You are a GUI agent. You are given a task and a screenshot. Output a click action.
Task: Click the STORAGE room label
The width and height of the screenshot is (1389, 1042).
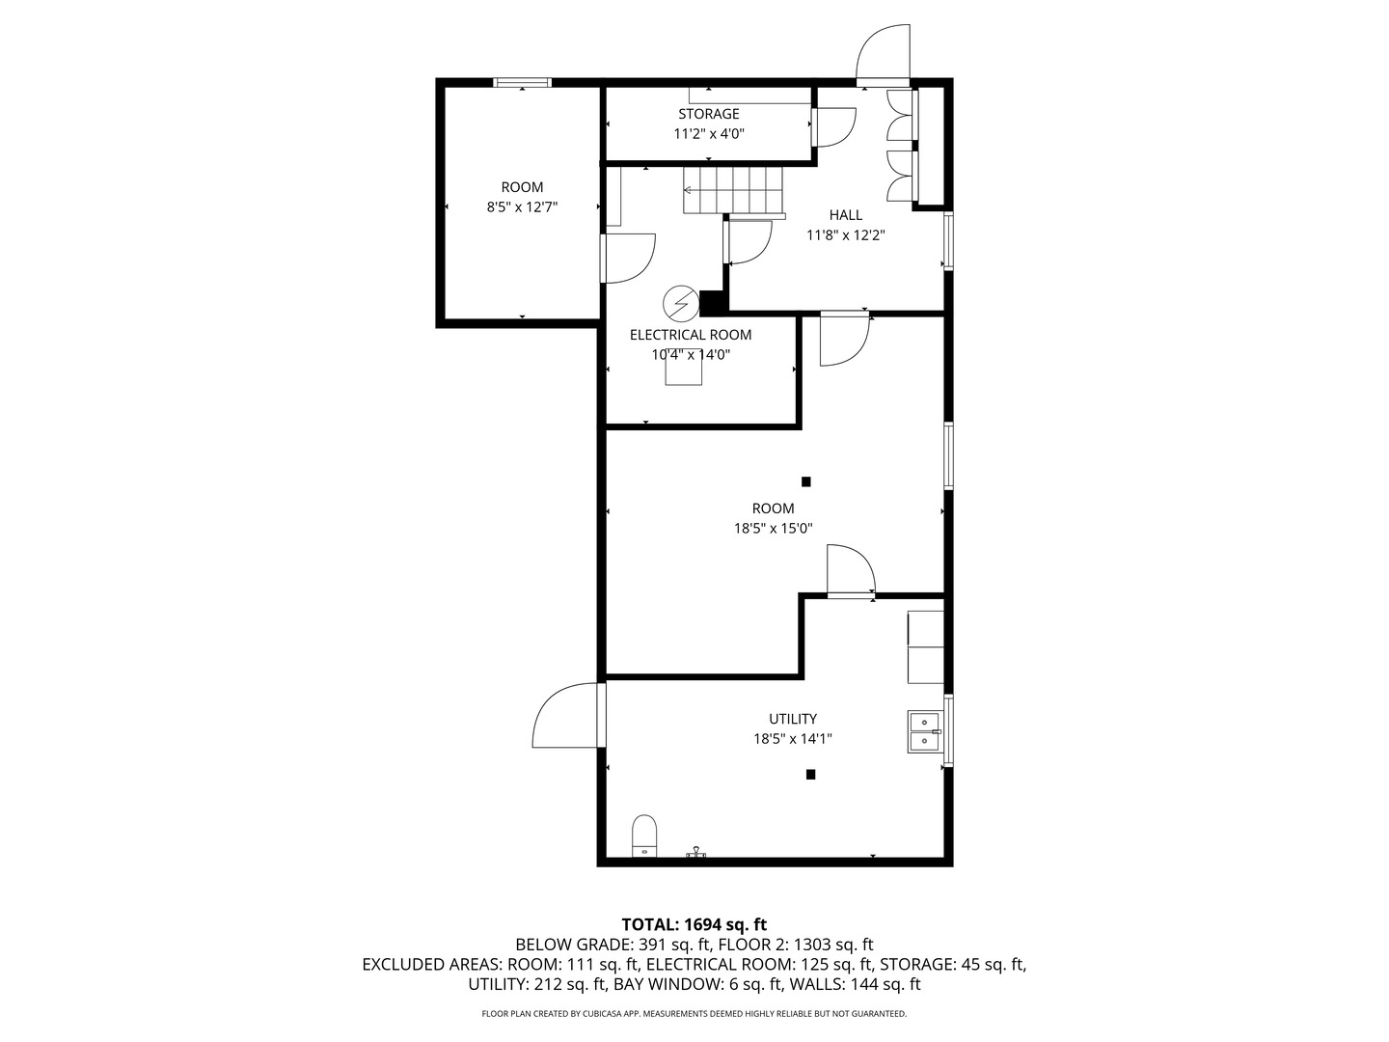click(x=708, y=114)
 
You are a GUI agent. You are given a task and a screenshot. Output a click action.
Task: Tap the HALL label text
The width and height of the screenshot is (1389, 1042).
click(x=845, y=215)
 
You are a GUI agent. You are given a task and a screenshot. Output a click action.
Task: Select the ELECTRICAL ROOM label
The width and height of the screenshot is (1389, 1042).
click(x=691, y=335)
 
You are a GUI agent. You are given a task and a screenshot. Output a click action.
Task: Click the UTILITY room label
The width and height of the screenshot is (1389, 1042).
click(x=792, y=719)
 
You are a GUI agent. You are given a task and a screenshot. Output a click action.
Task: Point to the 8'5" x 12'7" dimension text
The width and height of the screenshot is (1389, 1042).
click(x=522, y=206)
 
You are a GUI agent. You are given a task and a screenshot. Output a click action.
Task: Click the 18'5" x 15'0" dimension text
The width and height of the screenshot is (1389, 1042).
click(x=773, y=529)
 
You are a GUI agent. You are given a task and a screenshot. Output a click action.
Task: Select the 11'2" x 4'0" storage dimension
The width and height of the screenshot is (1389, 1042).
click(x=709, y=134)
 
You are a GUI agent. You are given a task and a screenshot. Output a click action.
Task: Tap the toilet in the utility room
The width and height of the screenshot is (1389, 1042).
click(x=644, y=836)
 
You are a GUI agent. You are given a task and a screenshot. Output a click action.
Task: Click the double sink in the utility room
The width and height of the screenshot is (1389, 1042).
click(x=925, y=731)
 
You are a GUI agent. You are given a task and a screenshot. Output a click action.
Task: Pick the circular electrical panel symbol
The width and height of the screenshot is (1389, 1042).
click(x=681, y=304)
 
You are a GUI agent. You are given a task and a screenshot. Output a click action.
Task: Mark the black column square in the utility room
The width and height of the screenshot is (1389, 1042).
click(x=810, y=775)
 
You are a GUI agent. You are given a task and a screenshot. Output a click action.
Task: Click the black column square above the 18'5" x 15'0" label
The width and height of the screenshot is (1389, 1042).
click(x=805, y=482)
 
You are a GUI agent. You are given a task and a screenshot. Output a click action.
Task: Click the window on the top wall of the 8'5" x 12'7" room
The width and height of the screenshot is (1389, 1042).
click(x=522, y=82)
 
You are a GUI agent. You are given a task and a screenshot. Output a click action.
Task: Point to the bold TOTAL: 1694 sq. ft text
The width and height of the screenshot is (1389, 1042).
click(x=694, y=925)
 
